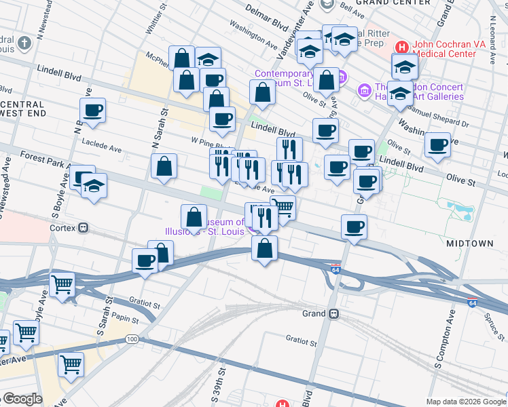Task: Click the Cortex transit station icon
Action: [84, 228]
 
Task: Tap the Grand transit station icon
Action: [333, 314]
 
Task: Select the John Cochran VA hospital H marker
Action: [401, 47]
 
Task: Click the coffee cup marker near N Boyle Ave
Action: [92, 109]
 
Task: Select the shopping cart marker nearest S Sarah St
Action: [62, 284]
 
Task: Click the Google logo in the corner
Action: [22, 399]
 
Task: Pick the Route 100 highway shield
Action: [132, 338]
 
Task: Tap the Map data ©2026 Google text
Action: [465, 401]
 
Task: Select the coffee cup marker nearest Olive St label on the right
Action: [438, 143]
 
